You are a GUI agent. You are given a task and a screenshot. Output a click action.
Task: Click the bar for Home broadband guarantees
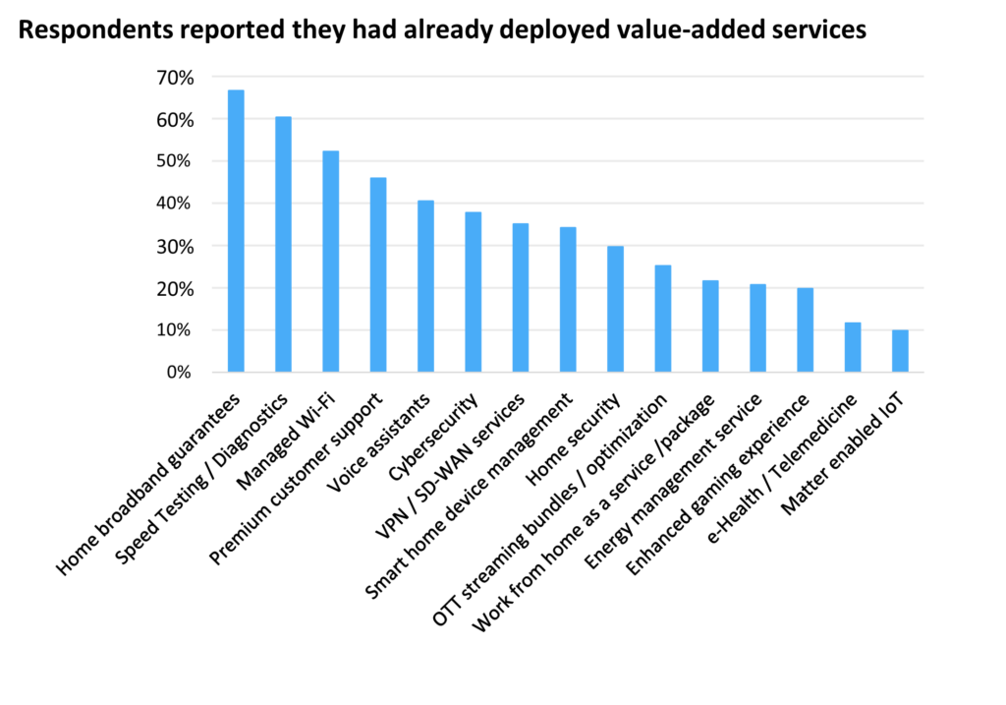tap(236, 231)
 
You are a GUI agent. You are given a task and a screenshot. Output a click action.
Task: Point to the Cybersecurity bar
tap(473, 292)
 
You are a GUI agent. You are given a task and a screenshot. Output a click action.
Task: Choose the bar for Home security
tap(615, 309)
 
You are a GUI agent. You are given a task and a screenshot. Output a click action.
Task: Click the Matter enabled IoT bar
tap(900, 351)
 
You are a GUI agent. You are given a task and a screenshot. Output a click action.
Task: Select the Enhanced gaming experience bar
tap(806, 330)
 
